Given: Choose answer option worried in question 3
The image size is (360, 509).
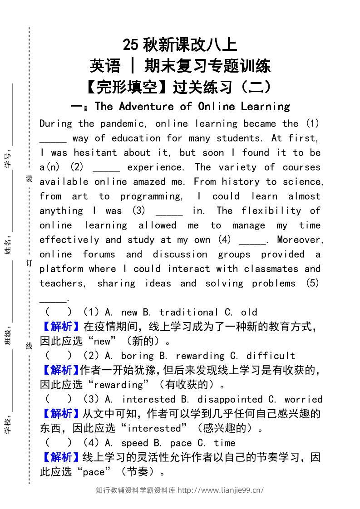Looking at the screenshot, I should pos(303,400).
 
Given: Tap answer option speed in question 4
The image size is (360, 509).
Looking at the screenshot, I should pos(134,443).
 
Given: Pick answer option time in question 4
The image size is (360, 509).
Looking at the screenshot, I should pos(224,443).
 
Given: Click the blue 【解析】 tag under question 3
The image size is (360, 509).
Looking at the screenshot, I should pos(61,414).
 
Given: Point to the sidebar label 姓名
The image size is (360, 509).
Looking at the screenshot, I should pos(8,245).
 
